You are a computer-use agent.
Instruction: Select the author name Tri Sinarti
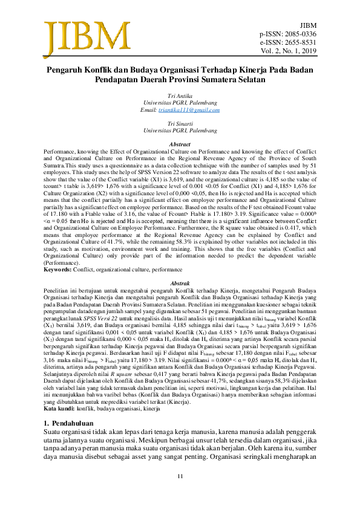tap(180, 123)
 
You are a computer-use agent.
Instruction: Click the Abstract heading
tap(180, 144)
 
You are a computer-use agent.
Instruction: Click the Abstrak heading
tap(180, 283)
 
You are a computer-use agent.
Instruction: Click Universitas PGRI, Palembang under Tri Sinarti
tap(180, 130)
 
